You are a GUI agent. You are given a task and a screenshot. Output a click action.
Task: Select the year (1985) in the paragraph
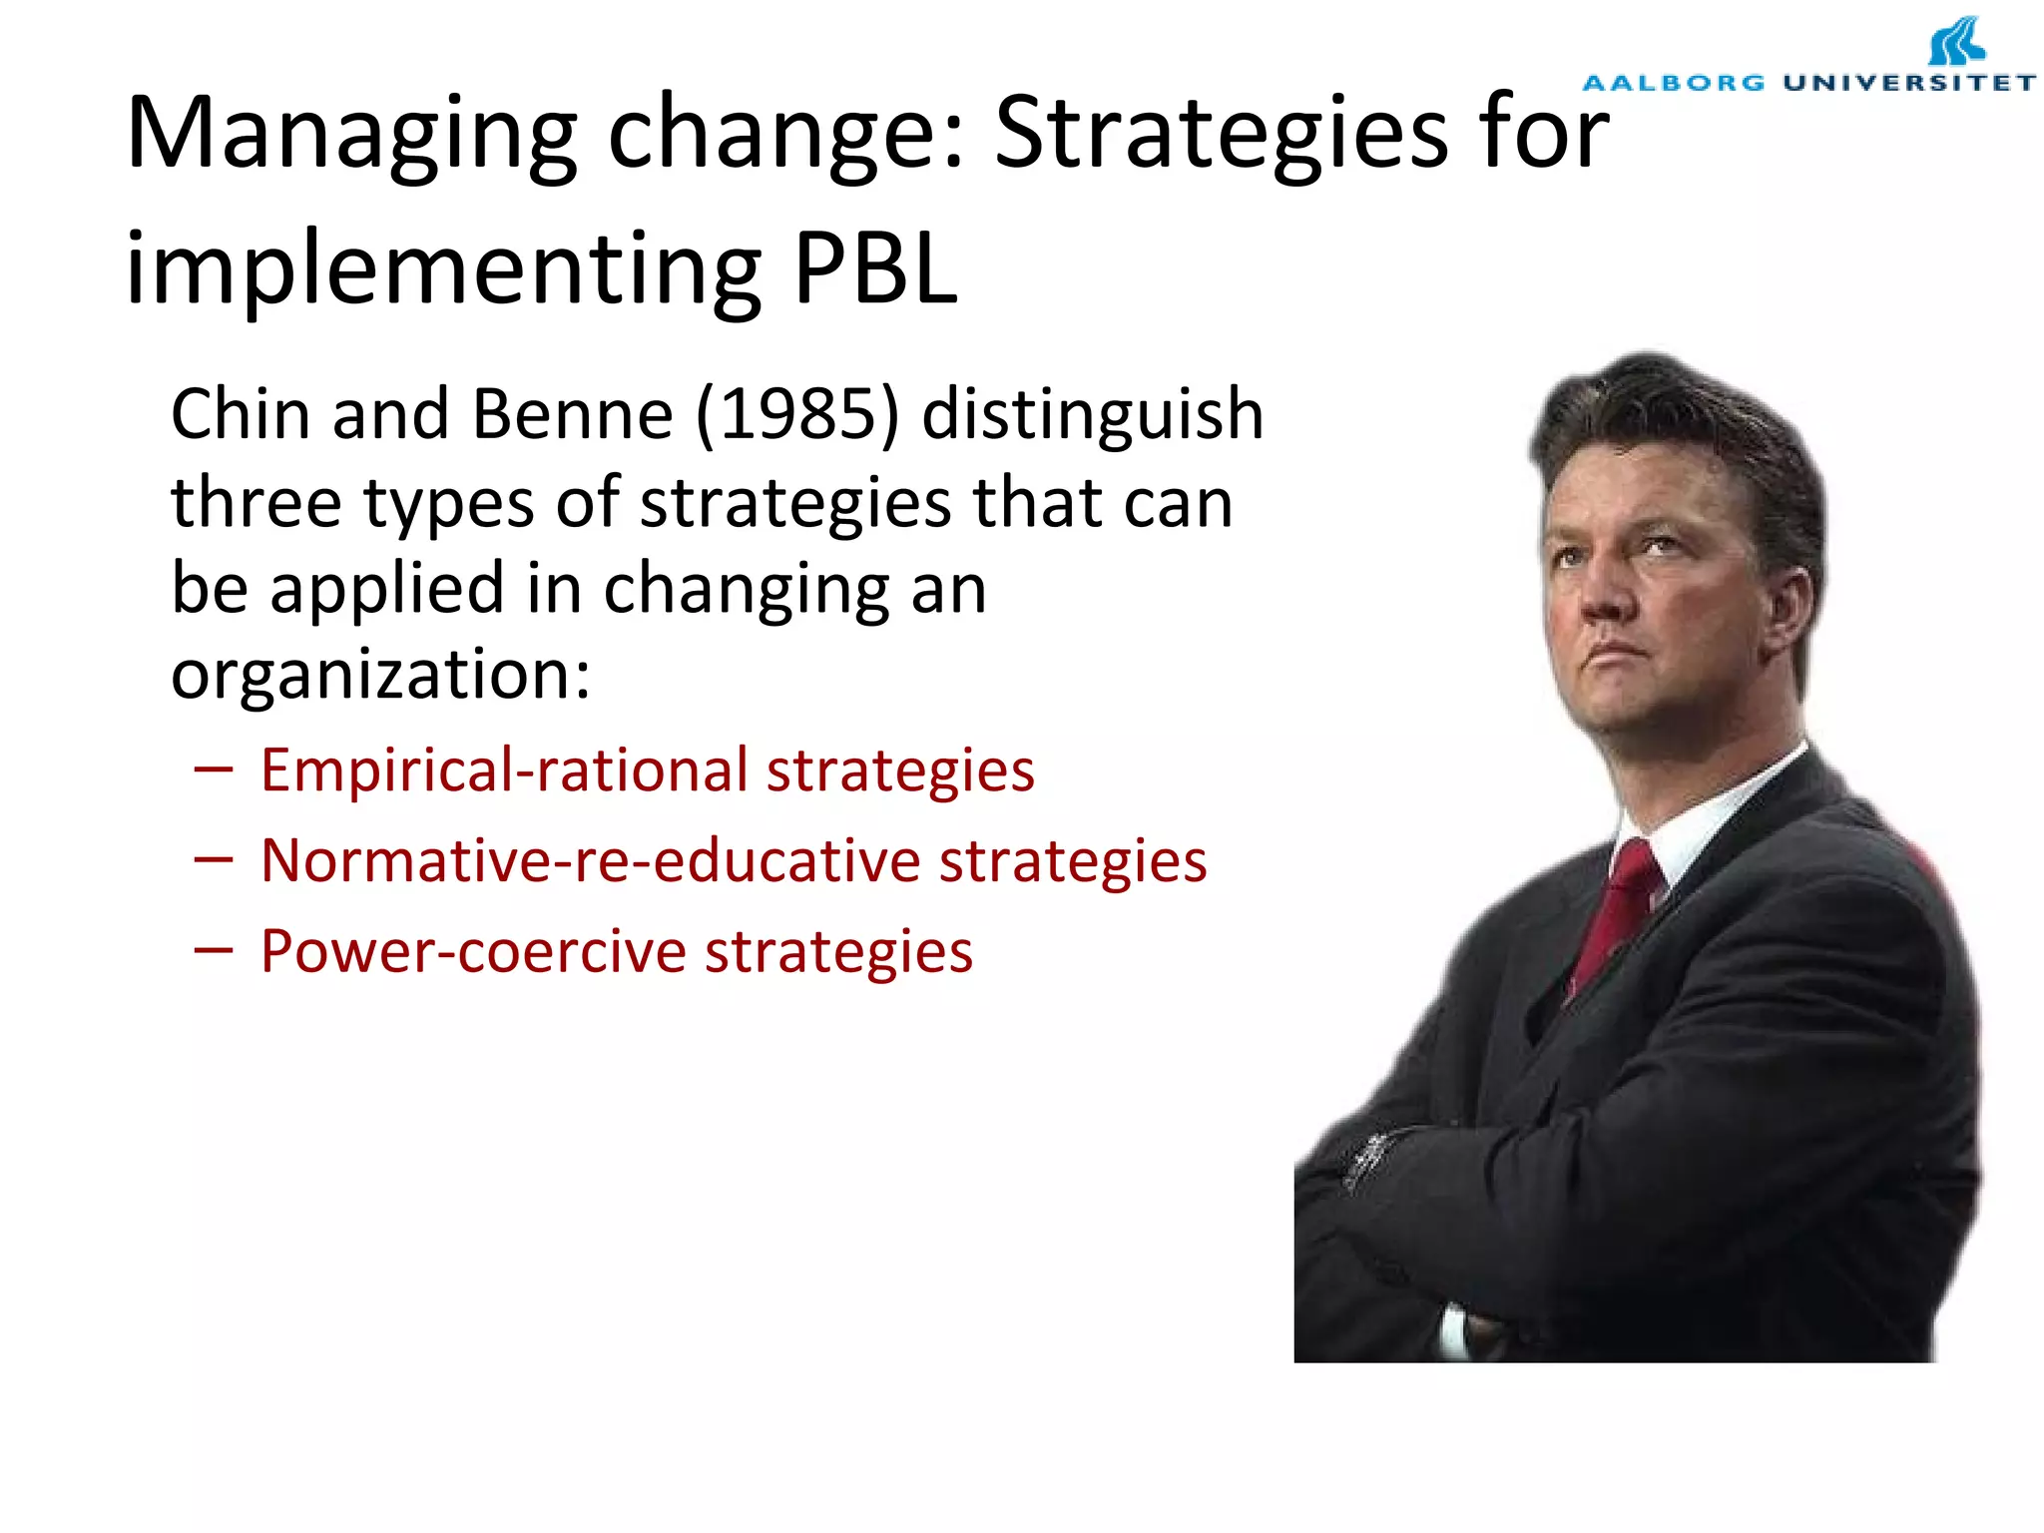(x=797, y=414)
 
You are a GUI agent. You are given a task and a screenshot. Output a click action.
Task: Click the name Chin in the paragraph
(x=239, y=414)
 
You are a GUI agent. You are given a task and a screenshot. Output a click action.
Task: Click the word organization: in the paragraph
(x=380, y=677)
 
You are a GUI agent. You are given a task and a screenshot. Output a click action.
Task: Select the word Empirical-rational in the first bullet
(x=504, y=771)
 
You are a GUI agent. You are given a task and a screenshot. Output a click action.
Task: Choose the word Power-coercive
(x=473, y=951)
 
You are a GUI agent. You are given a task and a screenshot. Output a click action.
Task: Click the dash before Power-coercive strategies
(x=214, y=951)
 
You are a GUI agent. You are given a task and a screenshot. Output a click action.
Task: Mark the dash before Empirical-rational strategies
(x=214, y=770)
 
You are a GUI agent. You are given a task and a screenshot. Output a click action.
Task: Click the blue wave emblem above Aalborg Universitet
(x=1956, y=42)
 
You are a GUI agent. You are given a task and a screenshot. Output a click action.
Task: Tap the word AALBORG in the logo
(x=1674, y=83)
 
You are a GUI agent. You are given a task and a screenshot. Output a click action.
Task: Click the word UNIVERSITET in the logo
(x=1909, y=83)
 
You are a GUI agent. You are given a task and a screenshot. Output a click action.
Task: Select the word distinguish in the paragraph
(x=1092, y=414)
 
